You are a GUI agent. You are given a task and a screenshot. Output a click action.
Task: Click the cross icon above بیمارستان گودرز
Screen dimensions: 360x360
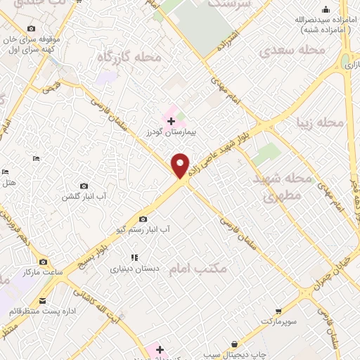pyautogui.click(x=171, y=121)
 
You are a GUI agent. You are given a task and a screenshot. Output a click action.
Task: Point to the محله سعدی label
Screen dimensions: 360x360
pyautogui.click(x=292, y=50)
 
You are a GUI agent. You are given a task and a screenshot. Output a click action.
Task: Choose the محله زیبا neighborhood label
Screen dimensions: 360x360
pyautogui.click(x=320, y=122)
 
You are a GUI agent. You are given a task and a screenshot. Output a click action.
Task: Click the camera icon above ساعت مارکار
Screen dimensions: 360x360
pyautogui.click(x=44, y=262)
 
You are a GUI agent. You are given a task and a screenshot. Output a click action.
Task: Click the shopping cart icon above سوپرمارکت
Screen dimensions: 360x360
pyautogui.click(x=278, y=310)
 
